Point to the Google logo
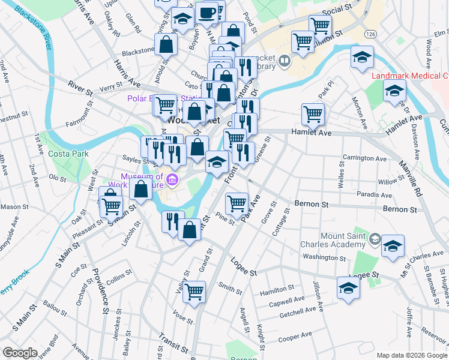pyautogui.click(x=20, y=353)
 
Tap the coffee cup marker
pyautogui.click(x=207, y=13)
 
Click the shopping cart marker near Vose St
pyautogui.click(x=194, y=292)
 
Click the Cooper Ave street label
pyautogui.click(x=295, y=336)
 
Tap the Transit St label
pyautogui.click(x=174, y=343)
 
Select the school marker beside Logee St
pyautogui.click(x=348, y=288)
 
